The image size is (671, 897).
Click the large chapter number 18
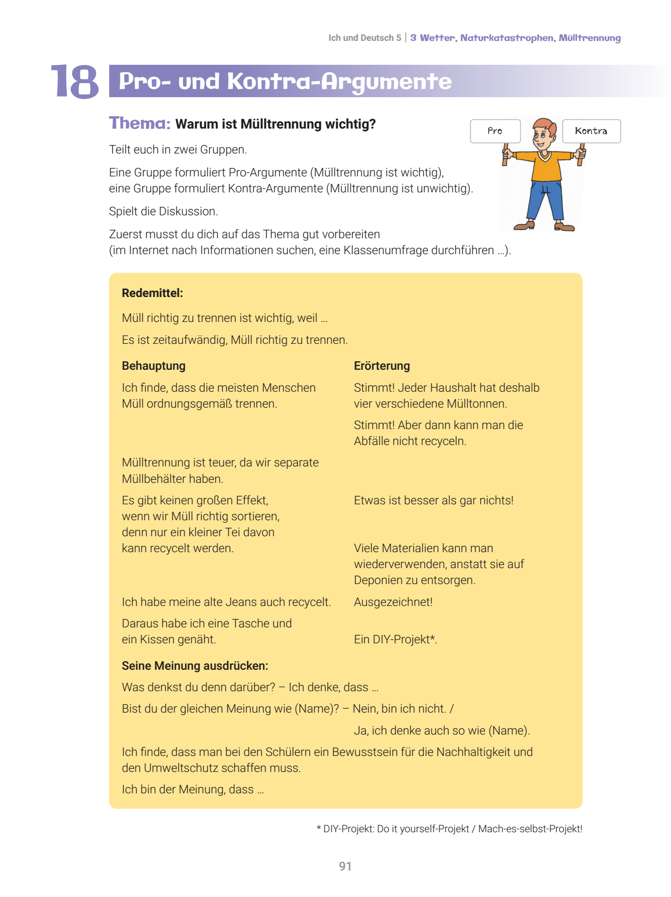point(75,81)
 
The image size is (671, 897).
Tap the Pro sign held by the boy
point(495,131)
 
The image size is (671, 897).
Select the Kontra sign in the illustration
point(591,131)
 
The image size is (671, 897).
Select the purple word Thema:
point(140,123)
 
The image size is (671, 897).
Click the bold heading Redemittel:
point(152,293)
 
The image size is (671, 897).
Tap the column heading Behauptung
point(154,366)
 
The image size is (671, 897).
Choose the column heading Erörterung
point(382,366)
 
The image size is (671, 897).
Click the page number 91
point(345,866)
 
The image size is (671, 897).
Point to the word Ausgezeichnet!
point(393,602)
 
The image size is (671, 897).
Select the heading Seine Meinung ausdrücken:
point(195,666)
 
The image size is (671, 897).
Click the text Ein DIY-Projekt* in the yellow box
point(395,639)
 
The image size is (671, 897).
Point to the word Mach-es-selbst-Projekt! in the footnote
point(530,829)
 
